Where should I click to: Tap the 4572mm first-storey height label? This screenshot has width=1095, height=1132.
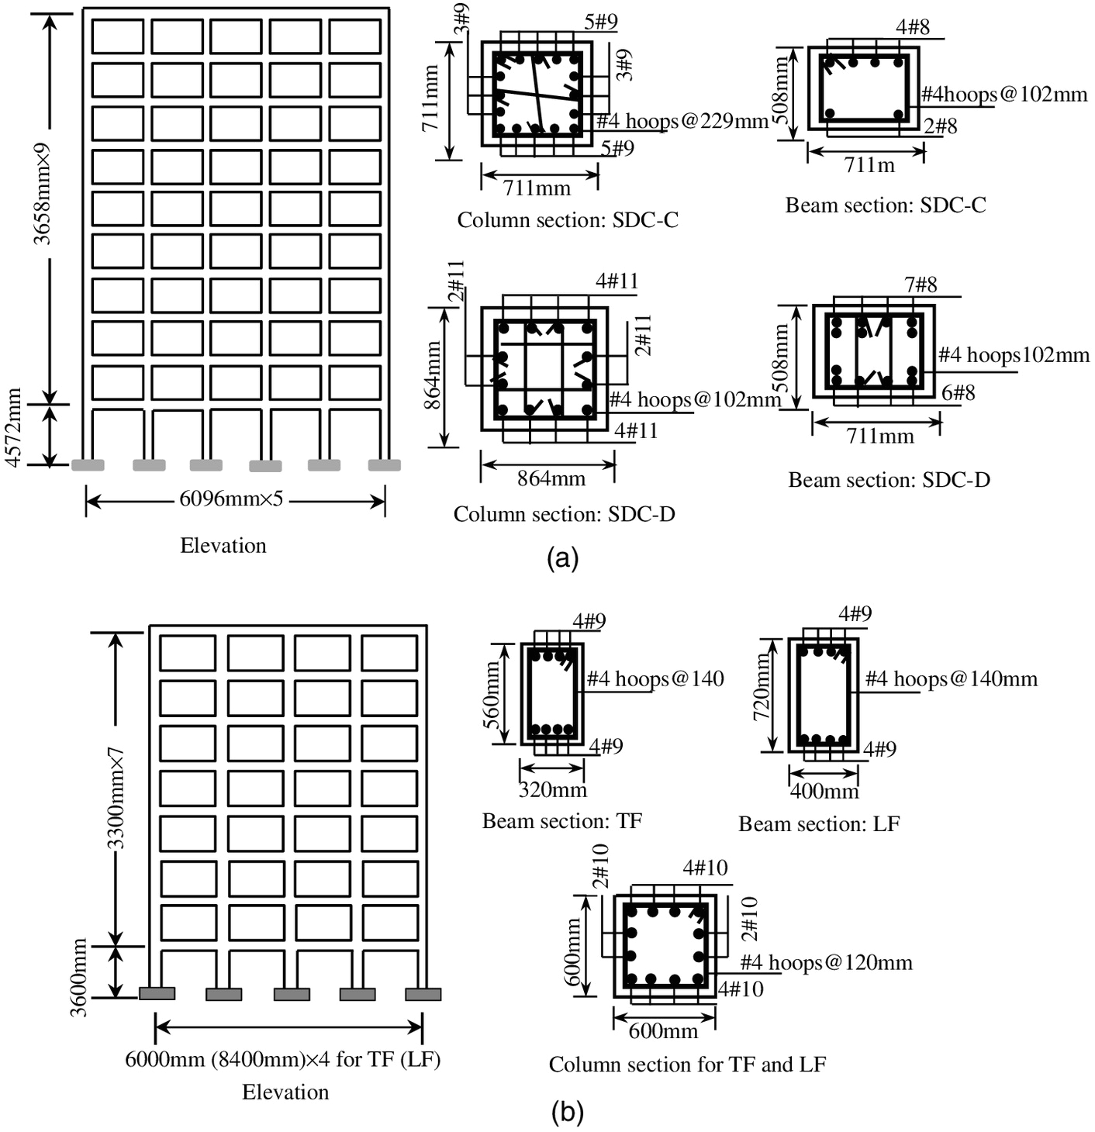coord(14,429)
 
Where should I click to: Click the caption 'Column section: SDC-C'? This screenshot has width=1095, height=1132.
coord(568,220)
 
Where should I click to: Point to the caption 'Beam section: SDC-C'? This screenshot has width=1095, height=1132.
coord(886,205)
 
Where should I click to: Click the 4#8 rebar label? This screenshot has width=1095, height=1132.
coord(913,28)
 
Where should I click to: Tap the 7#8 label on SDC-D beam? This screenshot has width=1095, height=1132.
coord(921,285)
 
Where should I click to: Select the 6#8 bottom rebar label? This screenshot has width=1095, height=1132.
coord(959,393)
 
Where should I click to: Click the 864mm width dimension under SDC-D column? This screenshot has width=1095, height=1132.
coord(551,478)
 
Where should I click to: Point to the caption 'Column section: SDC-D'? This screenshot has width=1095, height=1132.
coord(564,514)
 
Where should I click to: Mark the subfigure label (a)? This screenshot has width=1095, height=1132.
coord(563,558)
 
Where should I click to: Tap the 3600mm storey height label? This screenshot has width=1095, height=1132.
coord(79,977)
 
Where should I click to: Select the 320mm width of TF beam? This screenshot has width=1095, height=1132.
coord(552,790)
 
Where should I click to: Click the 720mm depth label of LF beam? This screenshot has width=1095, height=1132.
coord(762,686)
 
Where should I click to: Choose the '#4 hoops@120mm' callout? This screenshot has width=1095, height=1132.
coord(826,963)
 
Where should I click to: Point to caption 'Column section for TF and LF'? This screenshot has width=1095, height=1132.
coord(687,1065)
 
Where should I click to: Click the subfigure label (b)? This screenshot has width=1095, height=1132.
coord(567,1113)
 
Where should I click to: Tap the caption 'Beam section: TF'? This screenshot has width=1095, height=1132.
coord(562,821)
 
